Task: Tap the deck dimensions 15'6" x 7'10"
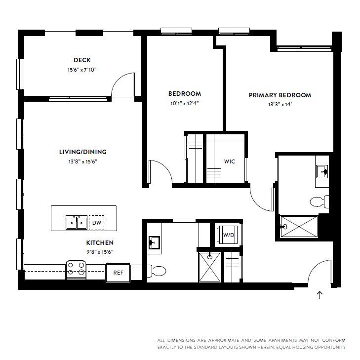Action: pyautogui.click(x=82, y=70)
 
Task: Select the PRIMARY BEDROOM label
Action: pyautogui.click(x=280, y=95)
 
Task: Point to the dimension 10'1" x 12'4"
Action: pyautogui.click(x=184, y=103)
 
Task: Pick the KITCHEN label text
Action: pyautogui.click(x=100, y=243)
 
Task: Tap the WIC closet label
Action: pyautogui.click(x=230, y=161)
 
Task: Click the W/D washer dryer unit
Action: pyautogui.click(x=228, y=235)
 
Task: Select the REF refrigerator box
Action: pyautogui.click(x=118, y=272)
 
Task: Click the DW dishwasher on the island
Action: pyautogui.click(x=96, y=223)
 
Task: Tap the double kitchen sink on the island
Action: pyautogui.click(x=77, y=223)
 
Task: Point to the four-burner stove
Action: pyautogui.click(x=76, y=269)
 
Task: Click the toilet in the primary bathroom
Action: pyautogui.click(x=319, y=201)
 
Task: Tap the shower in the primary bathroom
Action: pyautogui.click(x=299, y=227)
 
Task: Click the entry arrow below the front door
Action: pyautogui.click(x=320, y=295)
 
